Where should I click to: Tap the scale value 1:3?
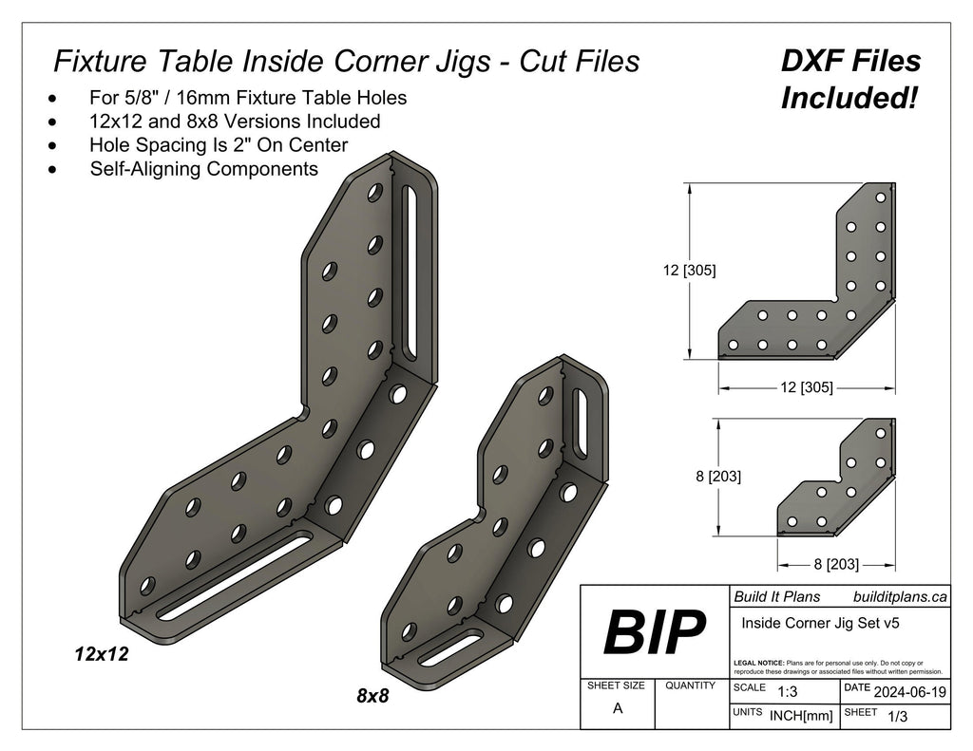pyautogui.click(x=787, y=692)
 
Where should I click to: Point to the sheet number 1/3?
pyautogui.click(x=896, y=718)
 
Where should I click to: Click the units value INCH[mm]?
pyautogui.click(x=800, y=717)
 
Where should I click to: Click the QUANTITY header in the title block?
pyautogui.click(x=691, y=685)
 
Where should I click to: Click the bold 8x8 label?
pyautogui.click(x=372, y=695)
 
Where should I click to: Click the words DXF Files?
pyautogui.click(x=849, y=62)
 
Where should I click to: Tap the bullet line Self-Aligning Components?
pyautogui.click(x=203, y=169)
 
